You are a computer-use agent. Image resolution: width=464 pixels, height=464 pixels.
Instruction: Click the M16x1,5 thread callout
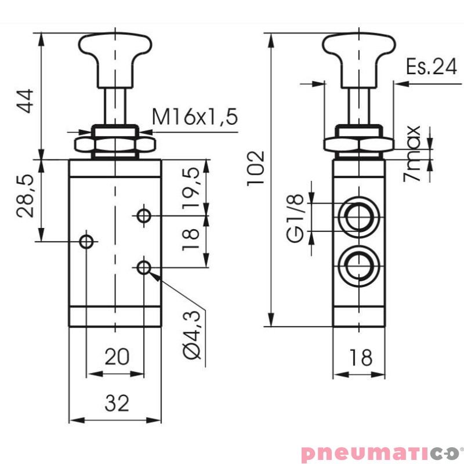[x=195, y=118]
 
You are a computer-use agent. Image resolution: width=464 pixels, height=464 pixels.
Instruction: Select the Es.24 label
[x=431, y=67]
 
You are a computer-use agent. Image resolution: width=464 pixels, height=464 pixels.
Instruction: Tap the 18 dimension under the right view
[x=361, y=358]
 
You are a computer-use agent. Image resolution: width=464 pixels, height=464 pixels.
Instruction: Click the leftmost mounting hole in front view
[x=86, y=241]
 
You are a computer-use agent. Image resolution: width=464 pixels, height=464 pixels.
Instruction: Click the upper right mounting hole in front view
[x=144, y=216]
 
